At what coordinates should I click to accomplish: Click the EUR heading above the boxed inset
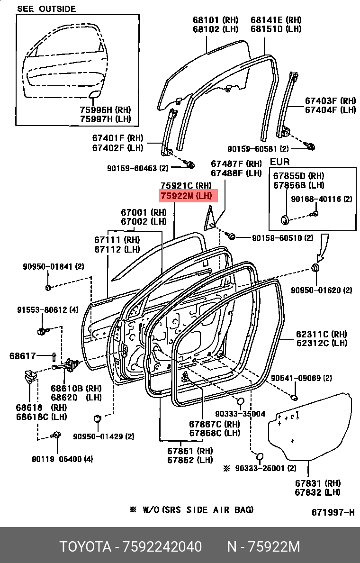tap(279, 162)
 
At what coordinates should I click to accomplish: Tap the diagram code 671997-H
tap(333, 512)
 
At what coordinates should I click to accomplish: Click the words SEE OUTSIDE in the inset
tap(46, 9)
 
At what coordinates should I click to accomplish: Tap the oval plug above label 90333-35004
tap(241, 402)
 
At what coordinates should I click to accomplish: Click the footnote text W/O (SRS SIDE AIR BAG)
tap(196, 510)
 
